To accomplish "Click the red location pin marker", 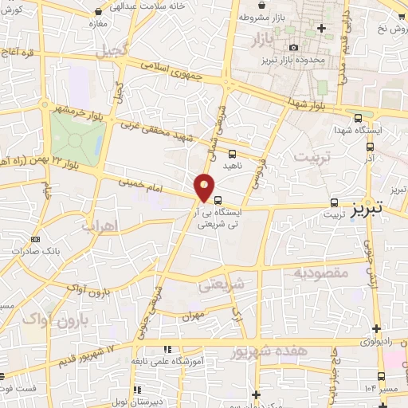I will [205, 187].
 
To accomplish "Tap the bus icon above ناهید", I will [232, 153].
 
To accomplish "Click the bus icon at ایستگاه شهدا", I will [359, 115].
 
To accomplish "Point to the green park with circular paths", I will [77, 139].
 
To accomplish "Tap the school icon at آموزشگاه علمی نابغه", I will [167, 349].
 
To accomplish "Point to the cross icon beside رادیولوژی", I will [375, 328].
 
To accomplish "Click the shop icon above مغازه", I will [97, 13].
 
